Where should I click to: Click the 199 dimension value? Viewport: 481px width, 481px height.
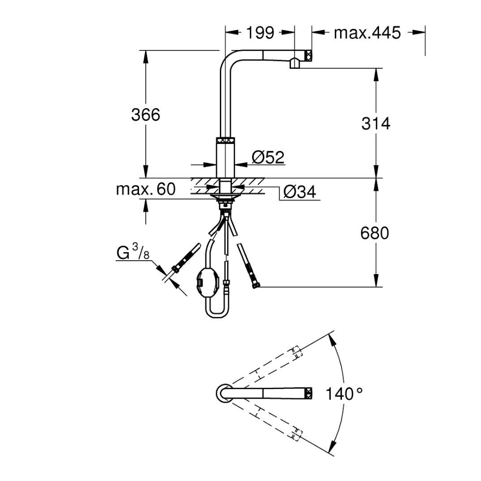pos(260,33)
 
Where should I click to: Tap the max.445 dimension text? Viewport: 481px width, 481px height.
pos(367,33)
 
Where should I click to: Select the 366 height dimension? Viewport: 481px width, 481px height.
pos(145,115)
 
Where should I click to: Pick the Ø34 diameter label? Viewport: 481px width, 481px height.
pos(299,192)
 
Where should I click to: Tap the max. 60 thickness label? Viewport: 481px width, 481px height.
pos(145,189)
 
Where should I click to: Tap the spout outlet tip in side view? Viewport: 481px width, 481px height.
pos(295,64)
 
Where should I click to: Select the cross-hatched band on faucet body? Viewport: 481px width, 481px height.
pos(226,140)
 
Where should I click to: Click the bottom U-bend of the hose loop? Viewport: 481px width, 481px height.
pos(218,314)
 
